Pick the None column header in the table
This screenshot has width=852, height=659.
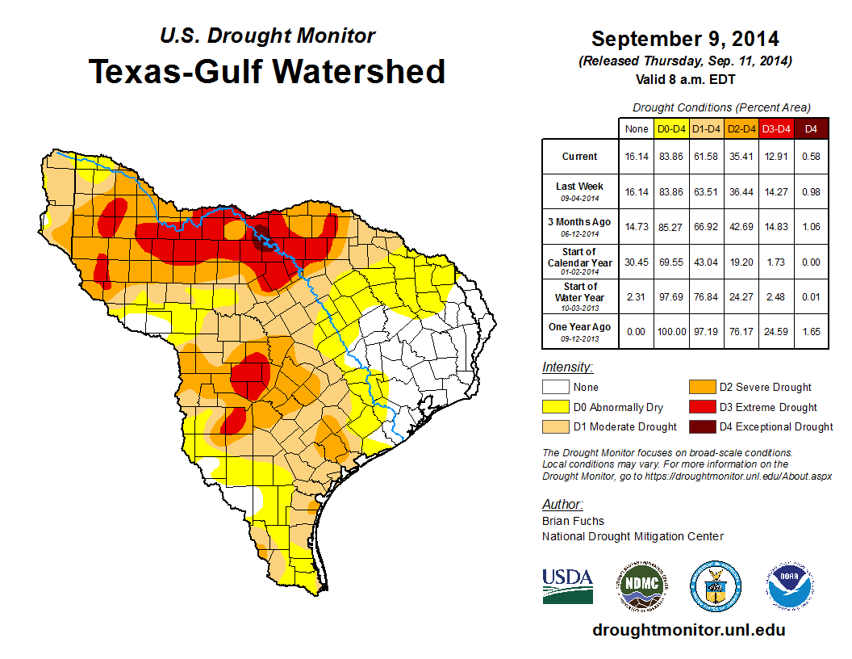(637, 128)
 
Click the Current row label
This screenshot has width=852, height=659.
(580, 157)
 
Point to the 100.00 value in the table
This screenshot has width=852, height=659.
(671, 330)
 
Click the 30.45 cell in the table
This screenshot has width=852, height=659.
(637, 262)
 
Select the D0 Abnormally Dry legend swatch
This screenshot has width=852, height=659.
(555, 407)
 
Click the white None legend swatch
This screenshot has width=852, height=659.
(555, 388)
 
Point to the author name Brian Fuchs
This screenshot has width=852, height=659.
(573, 521)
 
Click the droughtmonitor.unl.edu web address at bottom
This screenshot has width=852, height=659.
(688, 630)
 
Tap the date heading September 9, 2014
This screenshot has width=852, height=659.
(685, 39)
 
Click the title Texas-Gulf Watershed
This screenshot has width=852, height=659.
(266, 71)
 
